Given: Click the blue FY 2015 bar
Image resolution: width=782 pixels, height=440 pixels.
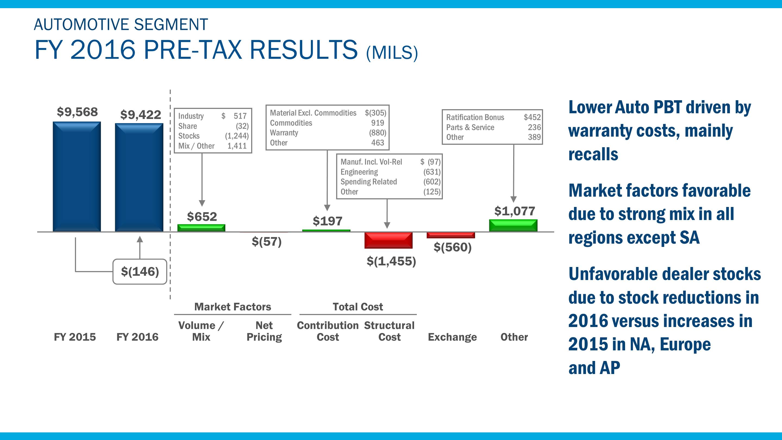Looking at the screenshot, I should [77, 177].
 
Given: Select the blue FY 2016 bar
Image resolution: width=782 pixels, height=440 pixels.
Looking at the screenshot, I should [139, 177].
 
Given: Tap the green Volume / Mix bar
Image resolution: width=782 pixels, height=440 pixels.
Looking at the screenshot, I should [201, 228].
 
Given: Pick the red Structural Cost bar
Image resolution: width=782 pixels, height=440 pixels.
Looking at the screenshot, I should [389, 240].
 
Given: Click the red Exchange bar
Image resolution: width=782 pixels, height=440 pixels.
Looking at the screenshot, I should [451, 235].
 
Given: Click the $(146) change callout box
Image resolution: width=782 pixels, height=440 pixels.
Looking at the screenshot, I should [140, 272].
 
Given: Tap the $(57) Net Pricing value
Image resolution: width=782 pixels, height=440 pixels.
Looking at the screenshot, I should [267, 242].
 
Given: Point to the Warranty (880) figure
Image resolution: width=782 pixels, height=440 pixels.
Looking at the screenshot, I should [377, 133].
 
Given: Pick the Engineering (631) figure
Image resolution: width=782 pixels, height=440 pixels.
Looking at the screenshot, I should [432, 172].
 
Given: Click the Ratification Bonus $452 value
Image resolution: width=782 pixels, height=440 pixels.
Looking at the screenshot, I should [532, 117].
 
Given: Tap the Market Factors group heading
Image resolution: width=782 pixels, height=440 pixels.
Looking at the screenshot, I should [232, 307].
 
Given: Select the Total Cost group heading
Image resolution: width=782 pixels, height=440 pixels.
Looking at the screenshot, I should [358, 307].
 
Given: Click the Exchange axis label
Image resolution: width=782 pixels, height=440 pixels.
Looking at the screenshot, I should [452, 337].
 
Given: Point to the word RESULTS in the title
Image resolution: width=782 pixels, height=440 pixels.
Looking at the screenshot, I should [304, 50].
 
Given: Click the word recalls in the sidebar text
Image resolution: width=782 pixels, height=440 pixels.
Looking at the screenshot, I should [593, 154].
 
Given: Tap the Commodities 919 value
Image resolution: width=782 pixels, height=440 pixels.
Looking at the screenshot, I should [377, 123].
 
